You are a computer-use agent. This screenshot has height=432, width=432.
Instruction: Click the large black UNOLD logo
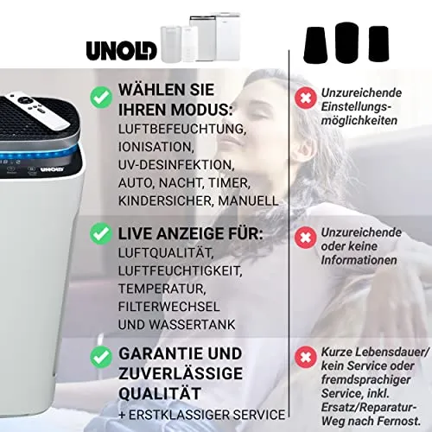[x=122, y=51]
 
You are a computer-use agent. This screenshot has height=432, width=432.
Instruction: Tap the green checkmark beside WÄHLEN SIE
[x=101, y=98]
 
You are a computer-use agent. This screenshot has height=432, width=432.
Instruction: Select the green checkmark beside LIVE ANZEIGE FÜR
[x=101, y=233]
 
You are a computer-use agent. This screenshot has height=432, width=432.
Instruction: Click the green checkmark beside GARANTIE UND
[x=101, y=357]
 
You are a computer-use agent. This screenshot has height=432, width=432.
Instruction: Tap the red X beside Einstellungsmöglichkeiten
[x=306, y=98]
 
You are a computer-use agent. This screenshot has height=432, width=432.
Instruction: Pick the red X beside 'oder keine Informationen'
[x=306, y=238]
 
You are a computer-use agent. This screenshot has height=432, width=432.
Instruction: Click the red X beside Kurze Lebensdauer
[x=306, y=357]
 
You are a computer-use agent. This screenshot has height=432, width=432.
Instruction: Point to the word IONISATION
[x=156, y=147]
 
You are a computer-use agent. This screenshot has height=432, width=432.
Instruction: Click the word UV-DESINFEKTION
[x=176, y=165]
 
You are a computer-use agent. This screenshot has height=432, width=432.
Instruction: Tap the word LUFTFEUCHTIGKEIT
[x=180, y=270]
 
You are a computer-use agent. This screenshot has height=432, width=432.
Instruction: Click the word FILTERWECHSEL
[x=169, y=307]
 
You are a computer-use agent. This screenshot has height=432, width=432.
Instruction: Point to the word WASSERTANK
[x=193, y=325]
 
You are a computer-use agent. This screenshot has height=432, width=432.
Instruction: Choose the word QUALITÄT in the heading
[x=160, y=393]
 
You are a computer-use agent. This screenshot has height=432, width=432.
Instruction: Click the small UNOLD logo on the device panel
[x=52, y=169]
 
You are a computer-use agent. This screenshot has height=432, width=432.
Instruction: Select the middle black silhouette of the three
[x=347, y=42]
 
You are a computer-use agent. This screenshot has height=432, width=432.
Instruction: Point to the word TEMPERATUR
[x=162, y=289]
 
